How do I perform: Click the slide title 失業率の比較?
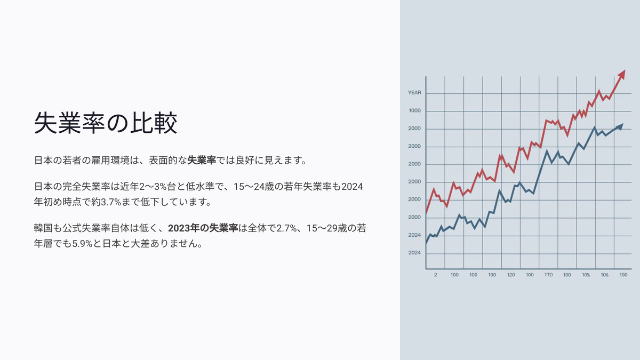point(106,123)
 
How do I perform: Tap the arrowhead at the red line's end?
point(622,75)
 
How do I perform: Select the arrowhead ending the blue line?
point(619,126)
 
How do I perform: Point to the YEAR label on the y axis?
point(414,93)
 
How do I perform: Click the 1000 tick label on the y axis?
point(414,111)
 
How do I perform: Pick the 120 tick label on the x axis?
point(511,275)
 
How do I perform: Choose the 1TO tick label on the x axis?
point(549,275)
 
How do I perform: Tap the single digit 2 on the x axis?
point(435,275)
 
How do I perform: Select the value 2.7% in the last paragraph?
point(287,228)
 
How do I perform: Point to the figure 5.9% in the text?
point(82,244)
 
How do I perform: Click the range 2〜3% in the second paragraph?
point(153,187)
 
